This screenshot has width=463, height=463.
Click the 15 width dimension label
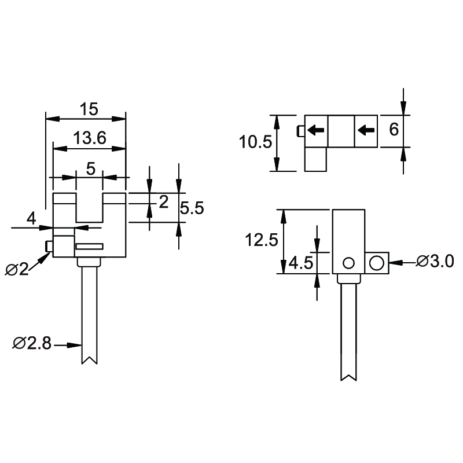89,109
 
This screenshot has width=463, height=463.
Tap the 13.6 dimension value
90,138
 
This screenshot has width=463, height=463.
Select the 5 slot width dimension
91,169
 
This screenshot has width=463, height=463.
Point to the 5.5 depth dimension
192,208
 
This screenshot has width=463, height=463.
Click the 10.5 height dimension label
255,142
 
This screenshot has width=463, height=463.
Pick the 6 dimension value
394,129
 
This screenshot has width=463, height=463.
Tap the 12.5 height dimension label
262,240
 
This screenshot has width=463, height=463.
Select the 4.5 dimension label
300,263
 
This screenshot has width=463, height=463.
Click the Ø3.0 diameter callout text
435,262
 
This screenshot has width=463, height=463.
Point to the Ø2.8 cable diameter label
32,343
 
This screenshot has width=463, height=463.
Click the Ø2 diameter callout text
17,269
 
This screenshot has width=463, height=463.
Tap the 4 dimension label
31,219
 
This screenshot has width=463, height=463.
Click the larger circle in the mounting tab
377,263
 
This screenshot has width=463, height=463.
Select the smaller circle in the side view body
349,263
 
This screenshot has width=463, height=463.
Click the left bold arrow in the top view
316,130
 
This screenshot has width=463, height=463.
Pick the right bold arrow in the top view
366,130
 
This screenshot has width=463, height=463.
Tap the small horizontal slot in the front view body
90,247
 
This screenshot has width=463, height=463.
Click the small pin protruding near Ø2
49,247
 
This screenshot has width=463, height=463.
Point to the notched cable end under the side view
349,377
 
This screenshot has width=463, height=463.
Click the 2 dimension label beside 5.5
164,202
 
